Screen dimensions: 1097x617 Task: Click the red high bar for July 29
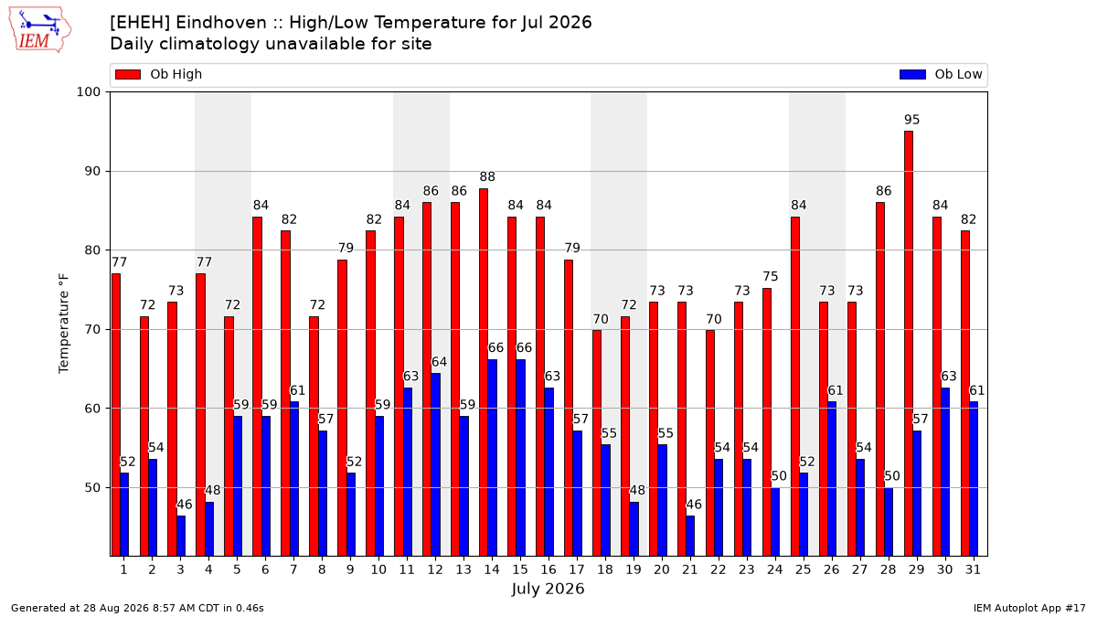[x=909, y=344]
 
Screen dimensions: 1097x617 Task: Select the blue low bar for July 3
[x=181, y=537]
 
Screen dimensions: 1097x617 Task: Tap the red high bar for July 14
[x=484, y=373]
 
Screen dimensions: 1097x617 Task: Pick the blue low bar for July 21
[x=690, y=537]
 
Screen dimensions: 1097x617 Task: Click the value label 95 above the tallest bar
[x=912, y=120]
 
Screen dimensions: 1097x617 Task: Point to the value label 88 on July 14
[x=487, y=176]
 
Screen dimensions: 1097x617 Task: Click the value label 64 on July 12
[x=439, y=362]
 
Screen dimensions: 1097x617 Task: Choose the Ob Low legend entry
[x=941, y=74]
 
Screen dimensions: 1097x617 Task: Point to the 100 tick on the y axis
[x=88, y=92]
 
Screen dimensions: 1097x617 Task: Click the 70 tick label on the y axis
[x=92, y=330]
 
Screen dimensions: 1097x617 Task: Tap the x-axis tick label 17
[x=577, y=570]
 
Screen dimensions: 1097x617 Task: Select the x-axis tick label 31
[x=973, y=570]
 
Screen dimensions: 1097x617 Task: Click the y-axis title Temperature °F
[x=64, y=324]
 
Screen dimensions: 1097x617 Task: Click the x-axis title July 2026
[x=548, y=589]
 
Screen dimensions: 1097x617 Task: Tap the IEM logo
[x=40, y=30]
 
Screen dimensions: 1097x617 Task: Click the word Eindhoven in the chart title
[x=221, y=23]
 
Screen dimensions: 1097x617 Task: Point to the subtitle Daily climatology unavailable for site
[x=271, y=44]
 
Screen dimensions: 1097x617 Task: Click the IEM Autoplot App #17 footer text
[x=1029, y=608]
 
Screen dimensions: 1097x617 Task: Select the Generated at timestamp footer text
[x=137, y=608]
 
